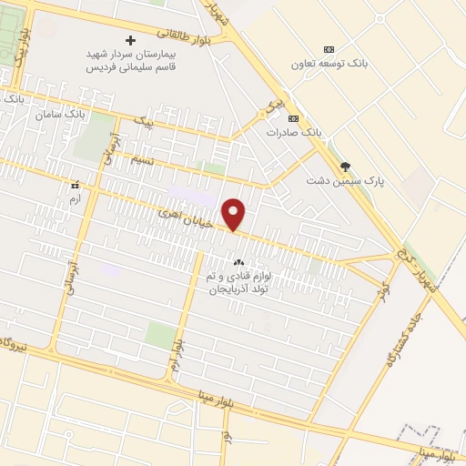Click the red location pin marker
pyautogui.click(x=235, y=214)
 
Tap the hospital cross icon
pyautogui.click(x=131, y=40)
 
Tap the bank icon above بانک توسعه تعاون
pyautogui.click(x=329, y=49)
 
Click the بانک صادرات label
pyautogui.click(x=294, y=133)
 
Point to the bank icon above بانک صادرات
pyautogui.click(x=293, y=118)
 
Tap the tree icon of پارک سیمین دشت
pyautogui.click(x=345, y=166)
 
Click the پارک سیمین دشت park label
pyautogui.click(x=345, y=180)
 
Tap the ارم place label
pyautogui.click(x=76, y=198)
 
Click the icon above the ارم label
pyautogui.click(x=76, y=185)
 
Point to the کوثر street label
pyautogui.click(x=384, y=291)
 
